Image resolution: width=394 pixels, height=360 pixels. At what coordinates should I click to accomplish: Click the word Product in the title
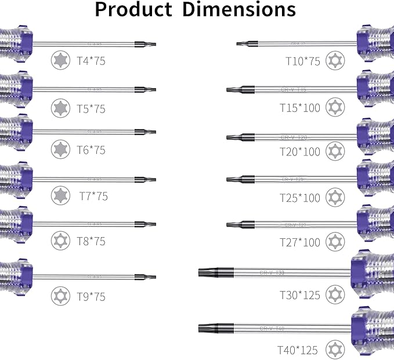(x=133, y=10)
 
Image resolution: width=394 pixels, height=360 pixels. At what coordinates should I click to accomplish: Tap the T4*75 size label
(x=91, y=60)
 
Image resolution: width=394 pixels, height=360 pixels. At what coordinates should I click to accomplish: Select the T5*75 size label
(x=91, y=108)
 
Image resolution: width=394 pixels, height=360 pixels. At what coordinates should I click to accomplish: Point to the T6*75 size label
(x=91, y=150)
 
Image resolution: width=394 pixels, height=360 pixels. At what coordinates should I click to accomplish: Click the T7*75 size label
(x=93, y=196)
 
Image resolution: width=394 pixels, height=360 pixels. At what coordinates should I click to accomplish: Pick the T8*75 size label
(x=91, y=241)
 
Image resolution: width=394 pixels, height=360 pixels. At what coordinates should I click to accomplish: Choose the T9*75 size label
(x=91, y=296)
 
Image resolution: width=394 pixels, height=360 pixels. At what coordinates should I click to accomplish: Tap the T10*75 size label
(x=302, y=61)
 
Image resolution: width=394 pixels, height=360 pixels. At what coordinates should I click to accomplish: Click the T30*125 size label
(x=300, y=295)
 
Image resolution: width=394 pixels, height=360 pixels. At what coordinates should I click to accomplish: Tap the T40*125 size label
(x=298, y=350)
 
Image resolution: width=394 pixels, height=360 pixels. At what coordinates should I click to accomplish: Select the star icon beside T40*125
(x=333, y=350)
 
